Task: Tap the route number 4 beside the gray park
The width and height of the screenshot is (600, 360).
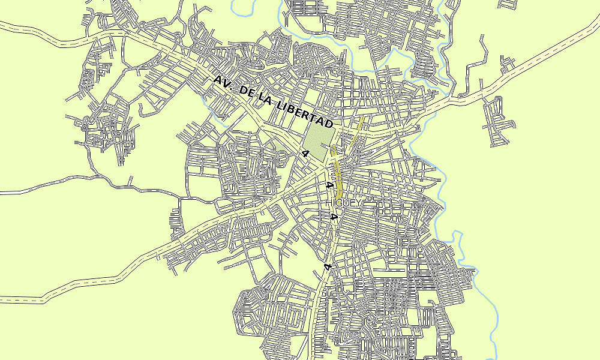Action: click(x=305, y=154)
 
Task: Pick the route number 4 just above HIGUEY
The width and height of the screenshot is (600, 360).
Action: click(x=328, y=185)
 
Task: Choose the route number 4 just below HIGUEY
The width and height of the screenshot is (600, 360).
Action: click(x=332, y=217)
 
